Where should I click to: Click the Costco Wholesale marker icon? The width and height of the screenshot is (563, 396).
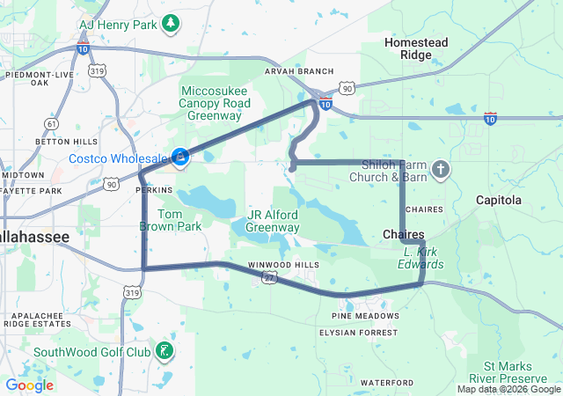(179, 158)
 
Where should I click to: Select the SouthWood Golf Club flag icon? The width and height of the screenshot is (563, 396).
(164, 352)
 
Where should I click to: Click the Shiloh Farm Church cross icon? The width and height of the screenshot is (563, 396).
(441, 169)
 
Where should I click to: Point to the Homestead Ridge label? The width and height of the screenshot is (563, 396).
(416, 48)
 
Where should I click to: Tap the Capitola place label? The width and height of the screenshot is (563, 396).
(498, 200)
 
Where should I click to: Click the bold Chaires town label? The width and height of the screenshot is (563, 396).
(404, 234)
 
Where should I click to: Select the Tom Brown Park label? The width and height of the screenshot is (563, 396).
(171, 220)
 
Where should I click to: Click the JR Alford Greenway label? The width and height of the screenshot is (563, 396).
(272, 221)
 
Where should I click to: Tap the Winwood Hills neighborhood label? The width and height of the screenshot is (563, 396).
(283, 265)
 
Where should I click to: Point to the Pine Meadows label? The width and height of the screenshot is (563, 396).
(366, 315)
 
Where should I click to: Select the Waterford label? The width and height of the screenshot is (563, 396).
(385, 383)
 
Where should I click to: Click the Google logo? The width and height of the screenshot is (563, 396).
(29, 385)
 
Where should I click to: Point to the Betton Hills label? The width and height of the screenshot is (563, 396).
(67, 141)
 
